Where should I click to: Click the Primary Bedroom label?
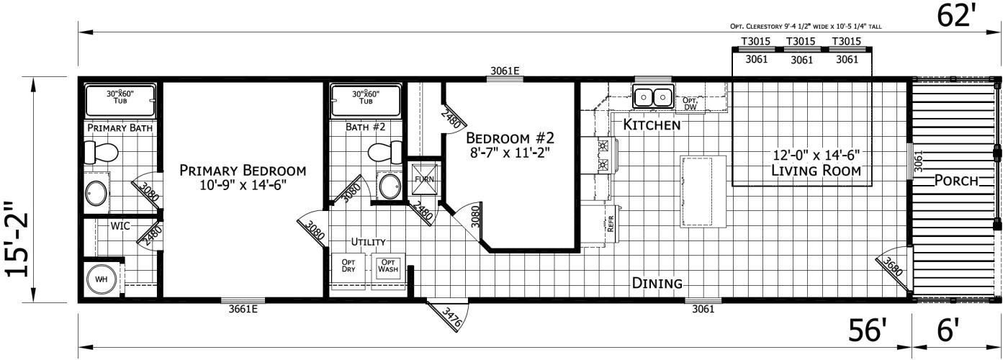pos(242,171)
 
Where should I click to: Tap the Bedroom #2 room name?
pos(510,138)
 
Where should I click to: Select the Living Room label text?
pos(816,171)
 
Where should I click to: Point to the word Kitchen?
pos(652,125)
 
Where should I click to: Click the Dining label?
pos(657,283)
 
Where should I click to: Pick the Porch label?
pos(957,181)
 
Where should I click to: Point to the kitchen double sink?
pos(652,96)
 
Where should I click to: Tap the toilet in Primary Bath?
pos(100,152)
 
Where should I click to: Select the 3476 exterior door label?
pos(451,318)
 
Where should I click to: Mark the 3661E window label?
pos(243,310)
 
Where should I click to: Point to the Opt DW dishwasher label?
pos(690,104)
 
